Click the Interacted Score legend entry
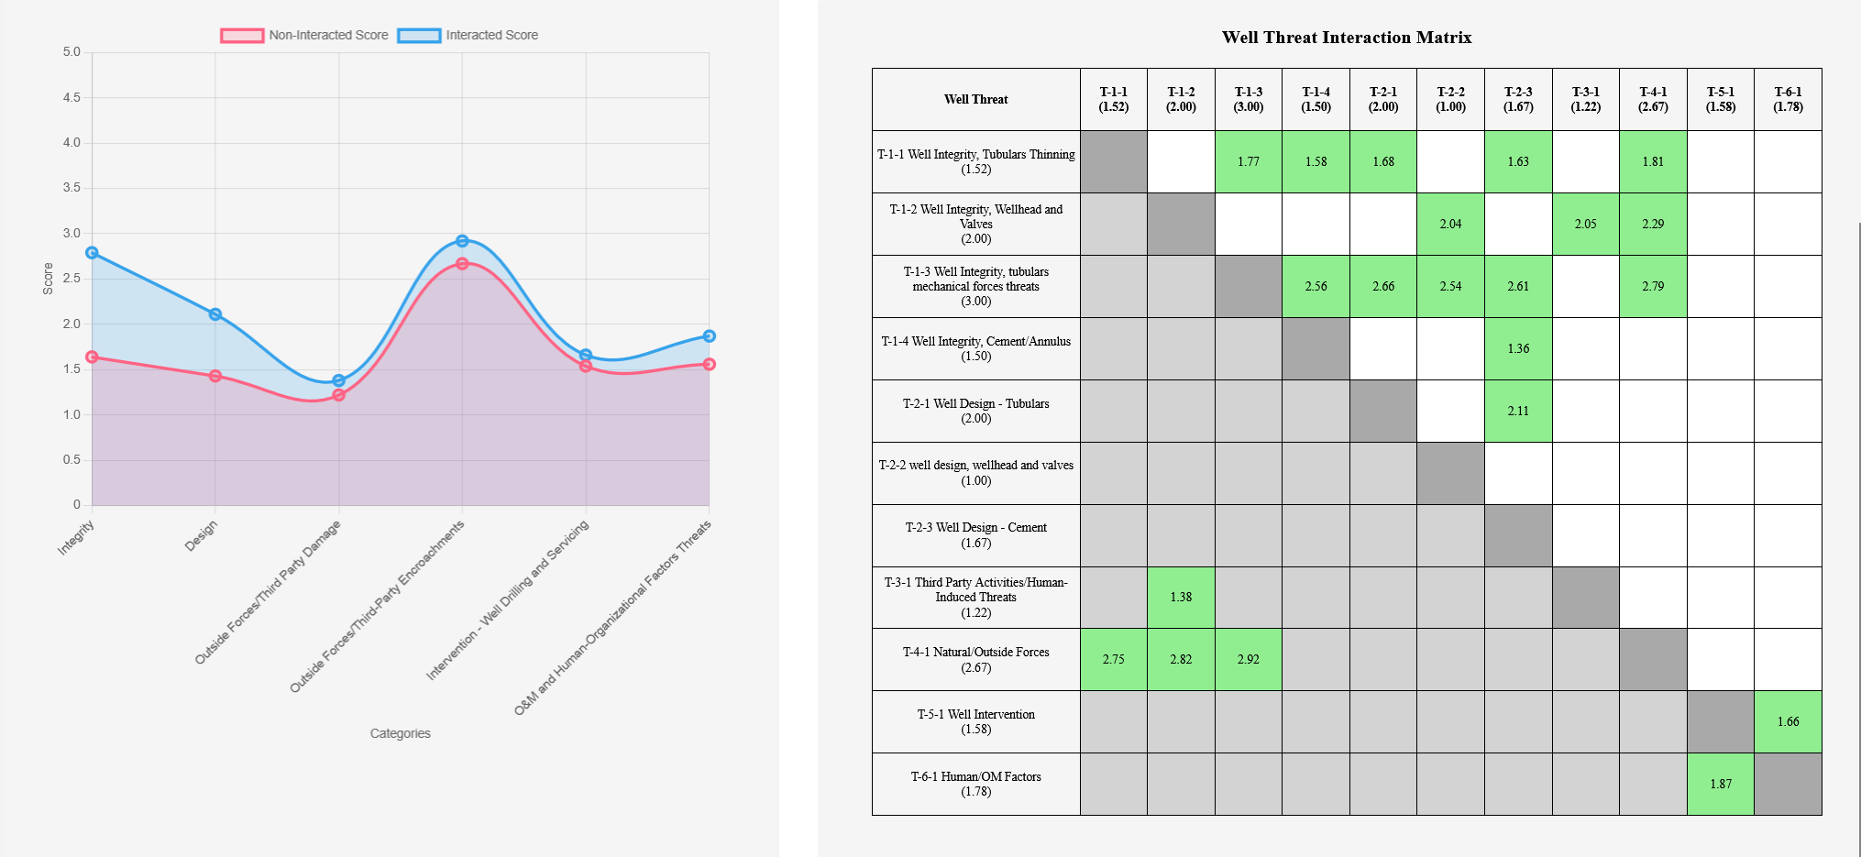(468, 35)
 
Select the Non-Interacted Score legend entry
(305, 35)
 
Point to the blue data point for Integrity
(92, 253)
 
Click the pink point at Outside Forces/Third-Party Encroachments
(462, 264)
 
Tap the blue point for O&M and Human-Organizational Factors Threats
(709, 336)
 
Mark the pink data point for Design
(215, 376)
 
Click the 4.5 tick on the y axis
(72, 97)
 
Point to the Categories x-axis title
(400, 733)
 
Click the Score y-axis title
(48, 279)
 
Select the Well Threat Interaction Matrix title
(1346, 38)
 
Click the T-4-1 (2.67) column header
(1653, 99)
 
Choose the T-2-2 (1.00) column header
(1450, 99)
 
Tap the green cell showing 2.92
(1248, 659)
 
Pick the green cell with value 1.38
(1181, 597)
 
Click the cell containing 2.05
(1585, 224)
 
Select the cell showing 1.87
(1720, 784)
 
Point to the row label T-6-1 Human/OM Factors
(975, 784)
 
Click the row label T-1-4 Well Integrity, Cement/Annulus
(975, 348)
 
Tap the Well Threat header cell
(975, 99)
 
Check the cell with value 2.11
(1518, 411)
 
